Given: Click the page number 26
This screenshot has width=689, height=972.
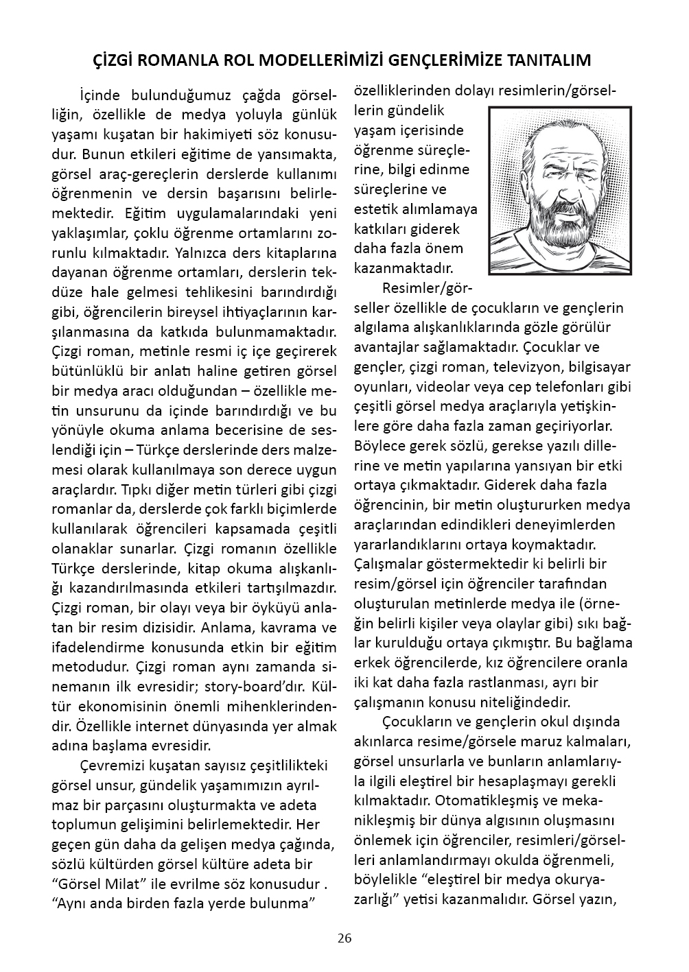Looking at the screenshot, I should coord(344,938).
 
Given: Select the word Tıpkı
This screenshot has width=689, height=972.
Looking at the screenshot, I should coord(138,490).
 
